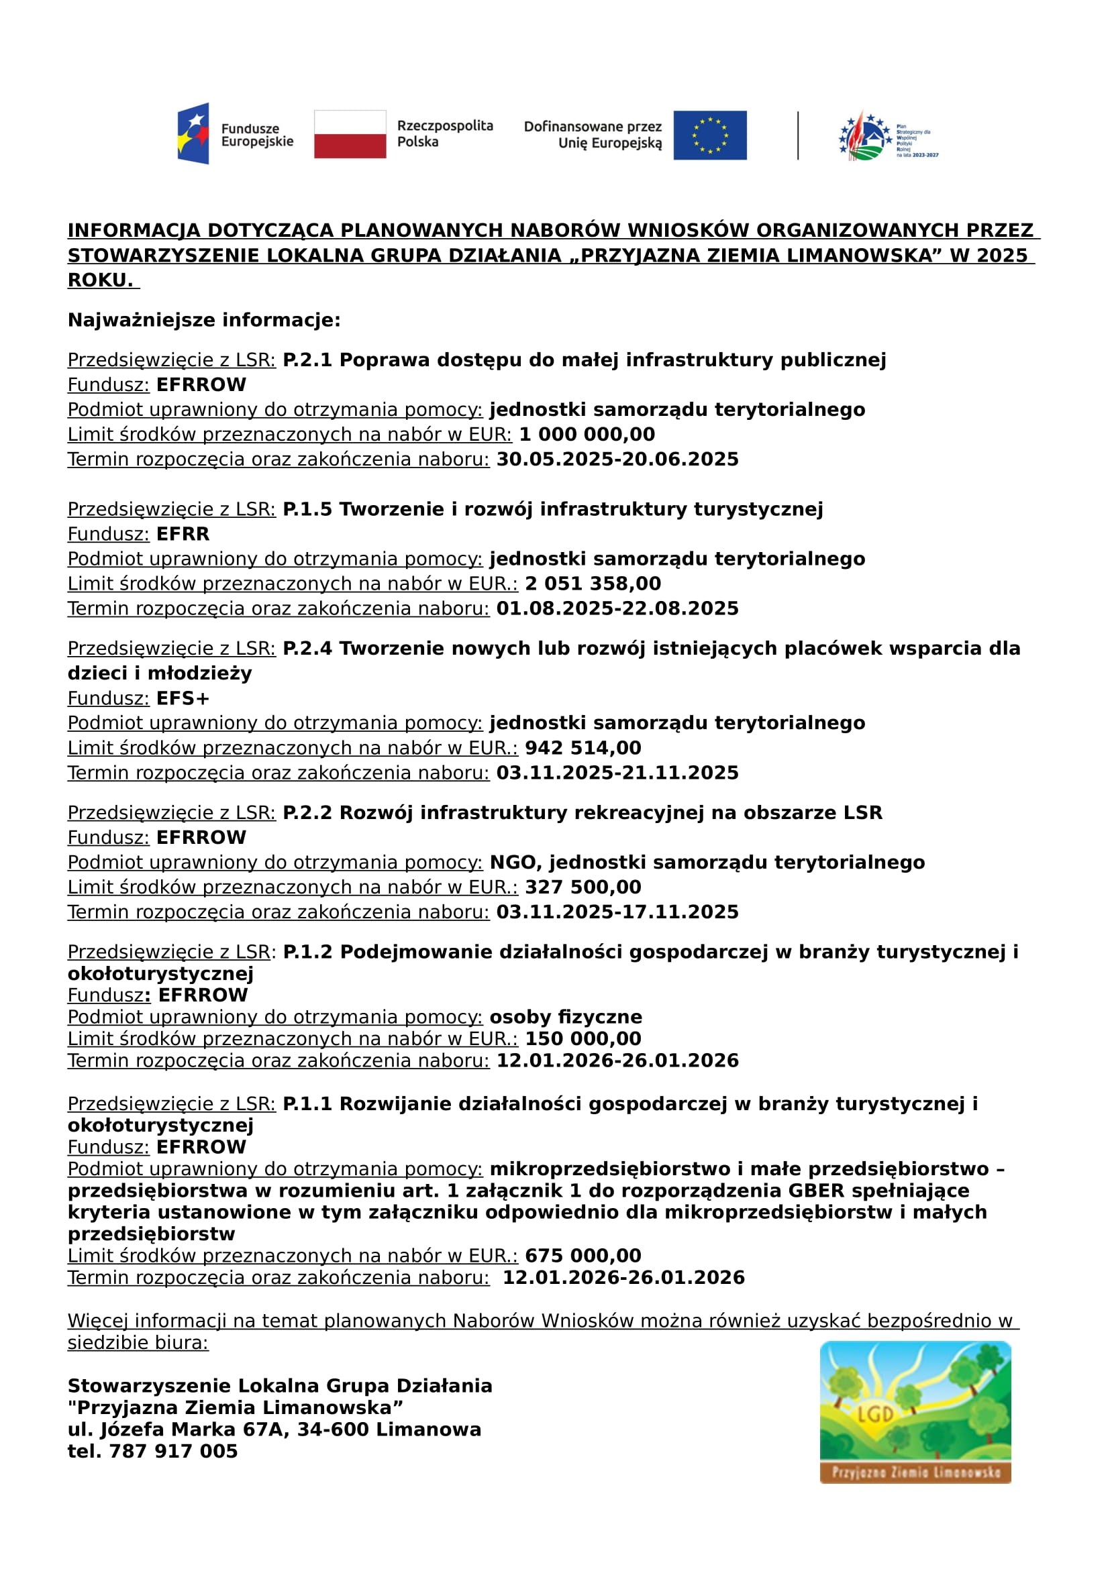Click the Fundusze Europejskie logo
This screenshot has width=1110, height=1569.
pos(235,134)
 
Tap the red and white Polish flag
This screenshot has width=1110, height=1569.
pos(350,134)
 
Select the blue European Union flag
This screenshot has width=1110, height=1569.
pos(709,136)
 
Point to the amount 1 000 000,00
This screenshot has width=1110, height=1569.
pos(587,435)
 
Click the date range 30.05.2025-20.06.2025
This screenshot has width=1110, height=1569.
pos(617,459)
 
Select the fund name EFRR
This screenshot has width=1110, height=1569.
pos(183,534)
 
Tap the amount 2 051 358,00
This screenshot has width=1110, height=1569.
pos(593,584)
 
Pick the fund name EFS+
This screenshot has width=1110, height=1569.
pos(183,698)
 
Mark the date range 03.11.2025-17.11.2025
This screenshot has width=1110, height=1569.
pos(617,912)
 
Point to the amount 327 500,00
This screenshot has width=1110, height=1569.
pos(583,887)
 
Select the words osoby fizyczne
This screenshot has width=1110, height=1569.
pos(566,1017)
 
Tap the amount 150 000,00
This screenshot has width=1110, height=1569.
pos(583,1038)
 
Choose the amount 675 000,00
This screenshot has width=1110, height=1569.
pos(583,1255)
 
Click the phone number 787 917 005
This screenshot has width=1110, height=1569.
pos(173,1451)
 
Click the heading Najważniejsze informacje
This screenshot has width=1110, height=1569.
pos(204,320)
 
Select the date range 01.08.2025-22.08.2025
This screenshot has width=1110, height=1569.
pos(617,608)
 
